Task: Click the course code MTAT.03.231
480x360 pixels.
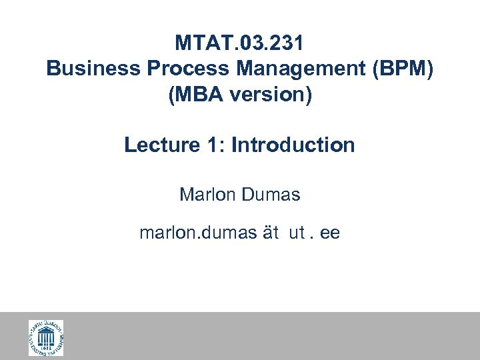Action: [x=239, y=43]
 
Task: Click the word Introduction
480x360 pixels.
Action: [x=293, y=145]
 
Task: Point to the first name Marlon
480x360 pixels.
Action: [x=206, y=195]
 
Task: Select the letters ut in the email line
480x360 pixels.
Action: [x=297, y=233]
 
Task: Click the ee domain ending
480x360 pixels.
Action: [x=330, y=233]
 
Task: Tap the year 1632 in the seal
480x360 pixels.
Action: [x=45, y=348]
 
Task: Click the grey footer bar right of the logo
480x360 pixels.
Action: [x=267, y=337]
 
